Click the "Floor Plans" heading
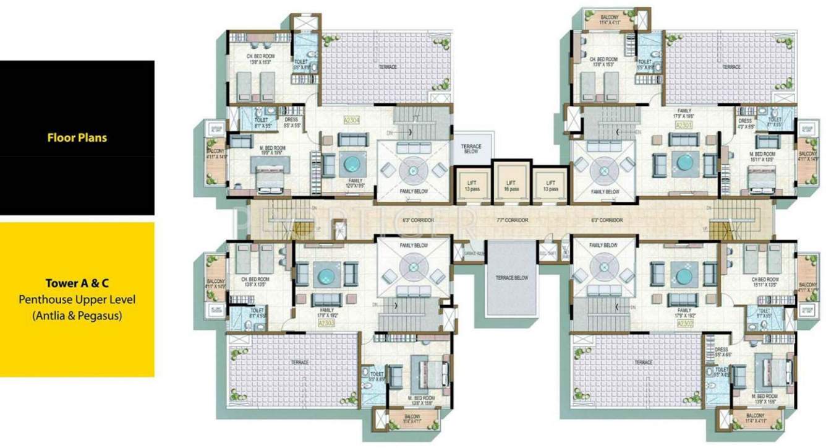[x=77, y=137]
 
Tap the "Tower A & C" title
[x=77, y=284]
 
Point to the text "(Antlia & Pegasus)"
[x=77, y=316]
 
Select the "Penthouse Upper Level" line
[x=77, y=300]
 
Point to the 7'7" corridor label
[x=510, y=220]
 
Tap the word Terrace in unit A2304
[x=387, y=66]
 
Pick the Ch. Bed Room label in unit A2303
[x=253, y=283]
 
